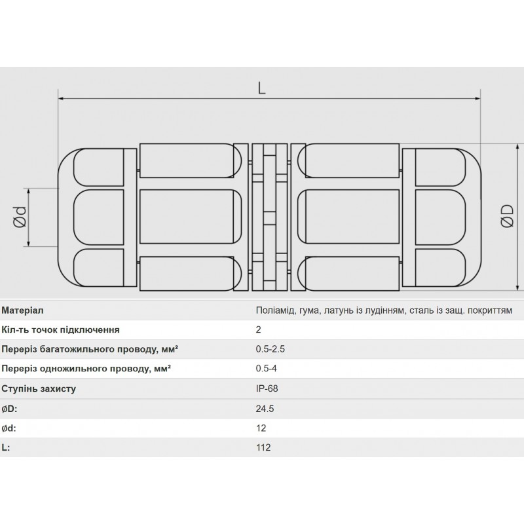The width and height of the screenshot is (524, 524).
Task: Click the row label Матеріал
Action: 24,310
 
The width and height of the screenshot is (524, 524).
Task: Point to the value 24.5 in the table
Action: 265,409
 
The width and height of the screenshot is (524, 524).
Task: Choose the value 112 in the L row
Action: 263,448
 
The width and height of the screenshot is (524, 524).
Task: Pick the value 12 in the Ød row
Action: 261,428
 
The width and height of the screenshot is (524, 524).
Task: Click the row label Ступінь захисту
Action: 39,389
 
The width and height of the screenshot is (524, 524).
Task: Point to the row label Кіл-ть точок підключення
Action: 61,330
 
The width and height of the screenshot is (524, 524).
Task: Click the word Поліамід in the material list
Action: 274,310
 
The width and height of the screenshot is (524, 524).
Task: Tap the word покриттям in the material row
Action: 491,310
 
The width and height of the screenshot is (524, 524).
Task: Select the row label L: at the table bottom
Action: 7,448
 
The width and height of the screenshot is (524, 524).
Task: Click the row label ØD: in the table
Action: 10,409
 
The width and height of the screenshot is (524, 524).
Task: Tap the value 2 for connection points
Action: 259,330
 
